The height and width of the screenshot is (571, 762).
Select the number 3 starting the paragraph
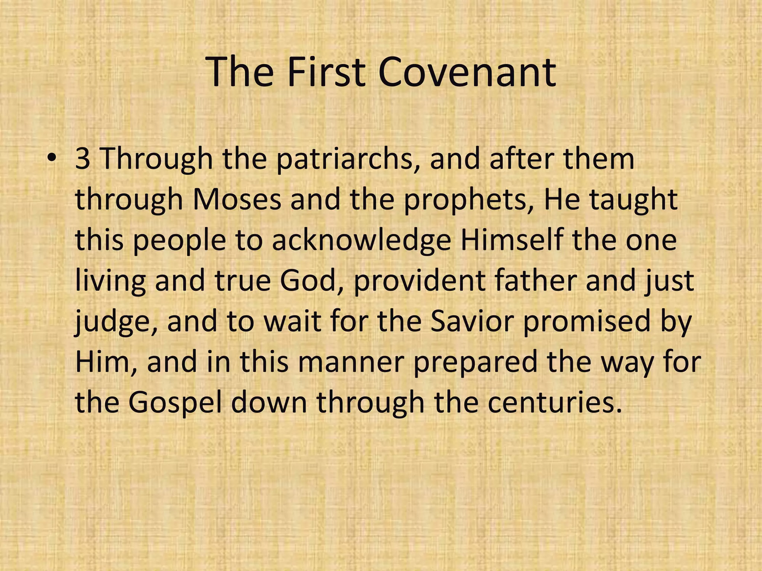[x=83, y=159]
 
